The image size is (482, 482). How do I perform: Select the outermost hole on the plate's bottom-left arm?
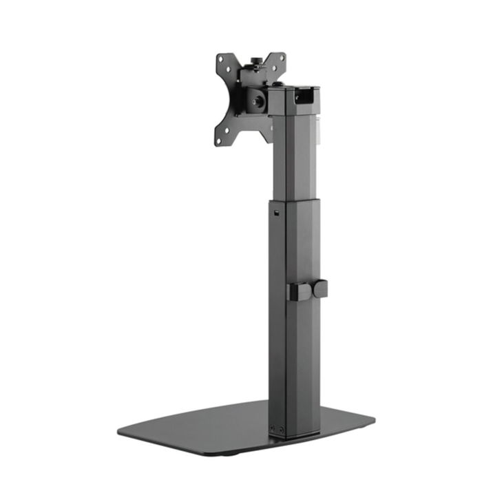tap(220, 140)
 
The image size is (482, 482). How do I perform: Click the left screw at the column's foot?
tap(273, 427)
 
